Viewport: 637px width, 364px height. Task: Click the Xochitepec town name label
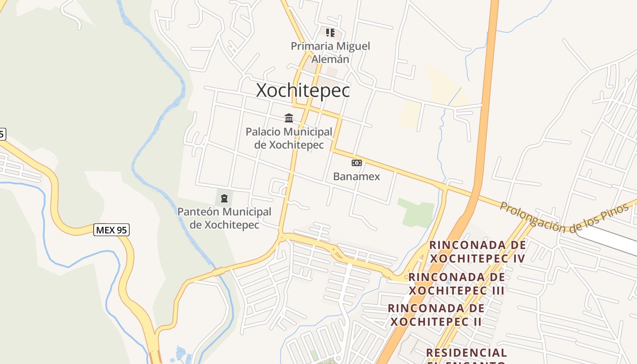pos(303,91)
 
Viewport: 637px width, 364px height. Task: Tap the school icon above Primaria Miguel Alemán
pos(330,32)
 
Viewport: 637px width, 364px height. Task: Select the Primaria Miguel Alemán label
pos(330,52)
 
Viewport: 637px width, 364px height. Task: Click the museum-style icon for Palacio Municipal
pos(289,118)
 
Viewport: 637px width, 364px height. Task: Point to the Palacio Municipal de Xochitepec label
pos(289,138)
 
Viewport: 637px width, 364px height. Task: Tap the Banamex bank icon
pos(356,163)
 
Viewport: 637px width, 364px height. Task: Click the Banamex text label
pos(356,177)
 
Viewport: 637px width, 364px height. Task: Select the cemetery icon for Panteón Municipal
pos(224,198)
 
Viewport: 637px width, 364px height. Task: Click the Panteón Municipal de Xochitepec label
pos(224,218)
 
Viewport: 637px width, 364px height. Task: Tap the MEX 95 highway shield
pos(111,230)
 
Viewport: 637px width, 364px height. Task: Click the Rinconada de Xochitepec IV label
pos(478,252)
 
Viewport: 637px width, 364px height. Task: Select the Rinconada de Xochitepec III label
pos(456,283)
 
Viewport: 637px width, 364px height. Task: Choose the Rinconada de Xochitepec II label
pos(436,315)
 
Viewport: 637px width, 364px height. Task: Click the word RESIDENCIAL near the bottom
pos(466,353)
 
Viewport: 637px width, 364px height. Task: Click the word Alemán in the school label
pos(334,59)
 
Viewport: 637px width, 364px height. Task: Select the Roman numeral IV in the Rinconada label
pos(518,258)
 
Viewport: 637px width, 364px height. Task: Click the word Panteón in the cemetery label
pos(198,212)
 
